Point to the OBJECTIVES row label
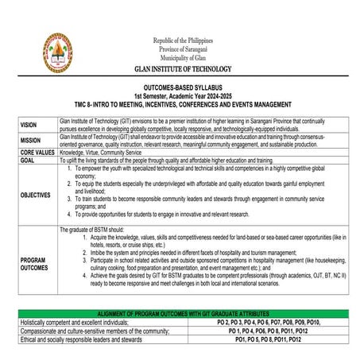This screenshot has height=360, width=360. point(37,194)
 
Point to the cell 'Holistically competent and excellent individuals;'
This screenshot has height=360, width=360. point(75,323)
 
